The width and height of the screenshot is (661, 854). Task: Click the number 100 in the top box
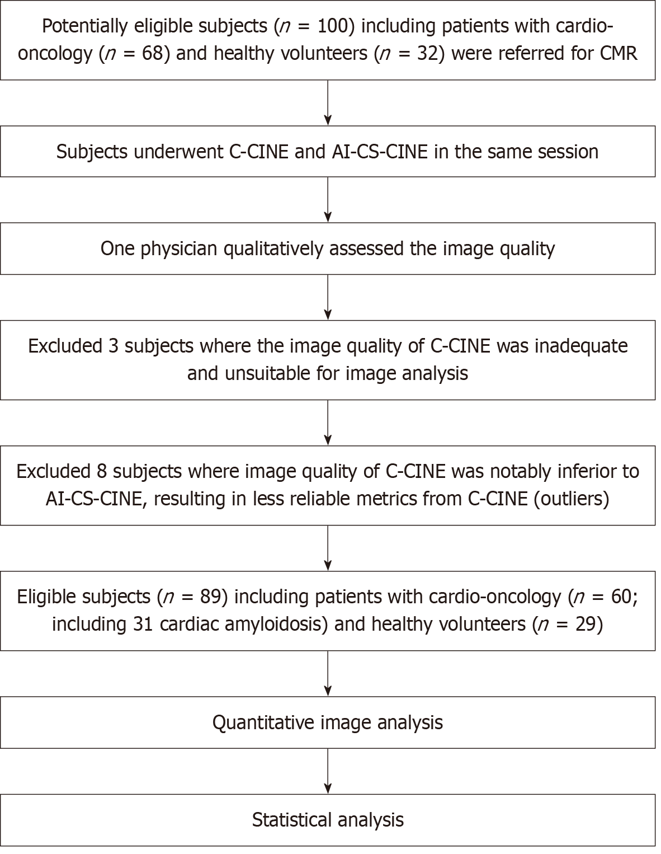click(332, 27)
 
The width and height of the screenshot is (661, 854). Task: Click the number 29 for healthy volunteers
click(586, 624)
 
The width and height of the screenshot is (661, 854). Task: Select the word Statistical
click(292, 820)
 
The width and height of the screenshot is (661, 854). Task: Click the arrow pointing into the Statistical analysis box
click(328, 771)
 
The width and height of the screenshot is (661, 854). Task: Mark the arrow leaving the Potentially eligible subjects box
click(328, 103)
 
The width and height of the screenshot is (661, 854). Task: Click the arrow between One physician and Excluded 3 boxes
click(328, 298)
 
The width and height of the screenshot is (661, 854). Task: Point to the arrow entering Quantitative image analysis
click(328, 674)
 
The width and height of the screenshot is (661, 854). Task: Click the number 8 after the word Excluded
click(102, 472)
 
